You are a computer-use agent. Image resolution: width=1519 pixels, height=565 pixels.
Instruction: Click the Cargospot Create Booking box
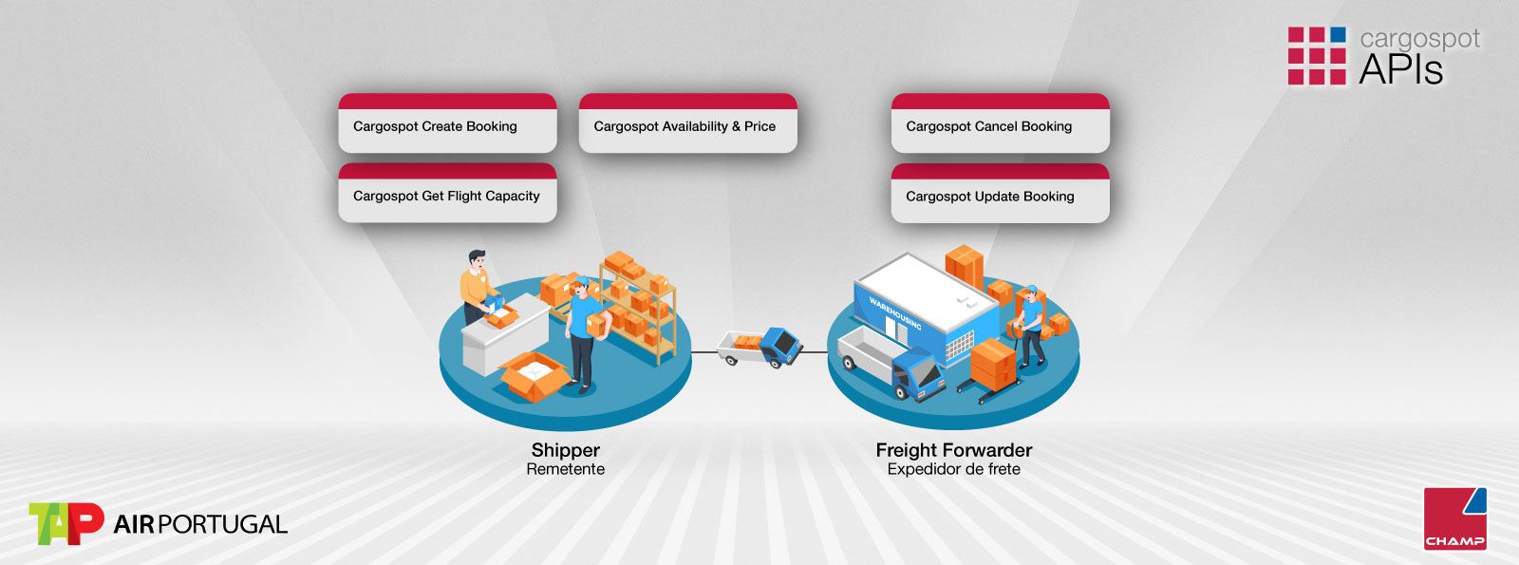click(x=447, y=122)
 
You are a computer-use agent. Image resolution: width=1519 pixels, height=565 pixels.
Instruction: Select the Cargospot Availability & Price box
click(x=688, y=122)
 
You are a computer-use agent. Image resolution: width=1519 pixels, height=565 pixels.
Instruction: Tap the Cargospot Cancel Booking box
click(x=1001, y=122)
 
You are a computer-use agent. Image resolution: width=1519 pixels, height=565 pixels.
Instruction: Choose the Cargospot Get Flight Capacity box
click(x=447, y=193)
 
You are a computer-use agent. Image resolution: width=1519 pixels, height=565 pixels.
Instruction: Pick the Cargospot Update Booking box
click(x=1001, y=193)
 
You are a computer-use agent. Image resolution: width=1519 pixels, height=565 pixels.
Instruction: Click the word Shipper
click(x=566, y=450)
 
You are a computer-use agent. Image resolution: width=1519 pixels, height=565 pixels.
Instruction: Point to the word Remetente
click(x=566, y=469)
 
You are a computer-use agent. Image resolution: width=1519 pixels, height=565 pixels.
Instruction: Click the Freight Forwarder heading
click(x=953, y=450)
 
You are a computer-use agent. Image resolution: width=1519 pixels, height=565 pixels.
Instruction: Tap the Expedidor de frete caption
click(x=953, y=469)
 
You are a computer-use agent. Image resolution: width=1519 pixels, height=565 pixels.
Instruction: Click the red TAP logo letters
click(x=66, y=523)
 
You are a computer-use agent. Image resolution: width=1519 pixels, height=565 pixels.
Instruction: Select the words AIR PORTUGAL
click(x=200, y=524)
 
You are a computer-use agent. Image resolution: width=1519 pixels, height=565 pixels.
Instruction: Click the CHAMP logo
click(x=1455, y=518)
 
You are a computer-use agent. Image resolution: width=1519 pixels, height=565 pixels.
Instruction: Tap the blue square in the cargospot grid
click(x=1338, y=35)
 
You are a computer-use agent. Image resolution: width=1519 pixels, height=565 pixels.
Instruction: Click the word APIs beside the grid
click(x=1401, y=69)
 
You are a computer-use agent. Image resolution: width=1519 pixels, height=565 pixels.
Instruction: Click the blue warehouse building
click(x=926, y=305)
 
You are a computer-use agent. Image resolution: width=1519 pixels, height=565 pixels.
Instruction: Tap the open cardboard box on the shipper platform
click(x=534, y=375)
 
